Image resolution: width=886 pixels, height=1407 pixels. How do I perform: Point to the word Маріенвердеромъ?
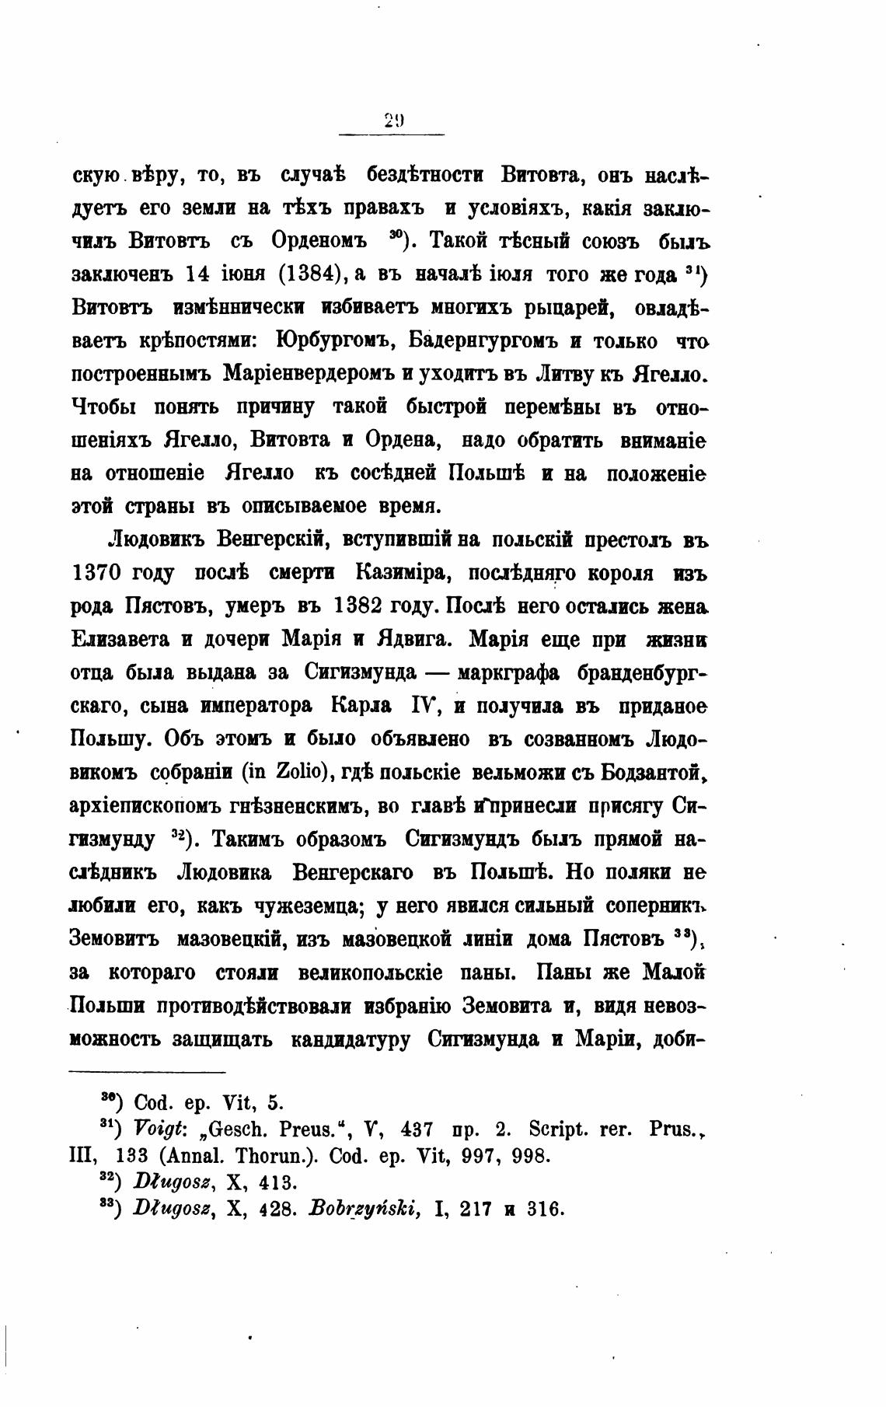point(310,374)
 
